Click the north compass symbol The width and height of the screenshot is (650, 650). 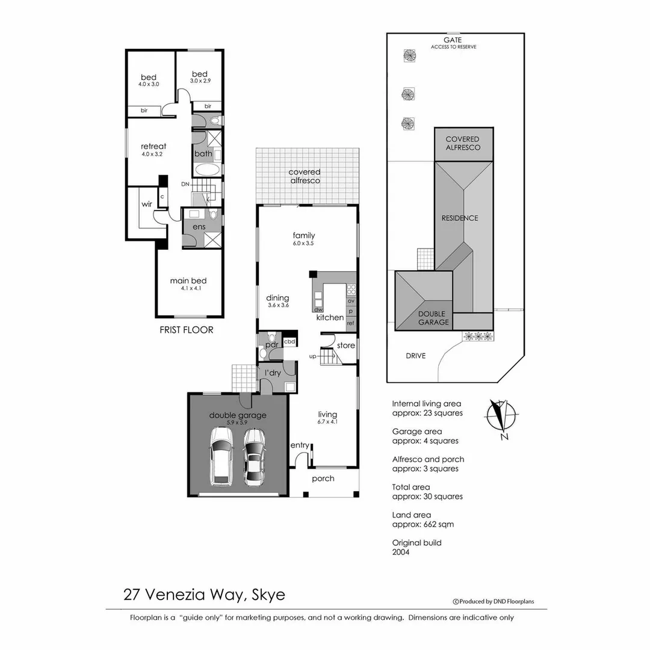click(x=501, y=416)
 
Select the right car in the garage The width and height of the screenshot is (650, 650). click(x=255, y=457)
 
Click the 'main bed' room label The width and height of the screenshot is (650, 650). click(x=188, y=280)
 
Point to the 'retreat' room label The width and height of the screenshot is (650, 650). click(x=153, y=146)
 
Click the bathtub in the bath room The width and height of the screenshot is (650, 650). click(x=208, y=169)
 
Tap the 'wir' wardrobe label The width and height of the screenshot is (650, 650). click(x=147, y=204)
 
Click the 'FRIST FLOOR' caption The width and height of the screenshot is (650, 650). click(x=186, y=330)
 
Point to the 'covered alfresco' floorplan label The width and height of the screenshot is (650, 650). click(x=305, y=176)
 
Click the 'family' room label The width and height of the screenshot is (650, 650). click(x=304, y=235)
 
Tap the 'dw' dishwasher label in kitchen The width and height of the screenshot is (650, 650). click(x=318, y=309)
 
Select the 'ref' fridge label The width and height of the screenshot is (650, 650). click(x=350, y=324)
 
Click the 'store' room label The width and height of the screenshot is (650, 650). click(x=345, y=345)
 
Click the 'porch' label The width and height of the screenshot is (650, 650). click(x=323, y=478)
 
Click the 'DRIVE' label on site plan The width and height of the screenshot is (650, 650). click(x=415, y=356)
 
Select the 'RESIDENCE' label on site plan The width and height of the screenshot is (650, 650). click(x=460, y=218)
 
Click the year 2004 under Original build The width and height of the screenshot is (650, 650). click(x=401, y=552)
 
